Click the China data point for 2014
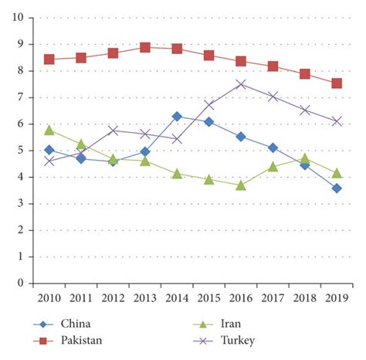point(177,116)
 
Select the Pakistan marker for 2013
point(145,47)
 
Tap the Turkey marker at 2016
point(241,84)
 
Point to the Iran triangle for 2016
point(241,185)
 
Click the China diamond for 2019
point(337,188)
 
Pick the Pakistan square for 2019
point(337,83)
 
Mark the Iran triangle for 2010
point(49,130)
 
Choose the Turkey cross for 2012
point(114,131)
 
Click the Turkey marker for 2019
point(337,121)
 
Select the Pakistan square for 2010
point(49,59)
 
